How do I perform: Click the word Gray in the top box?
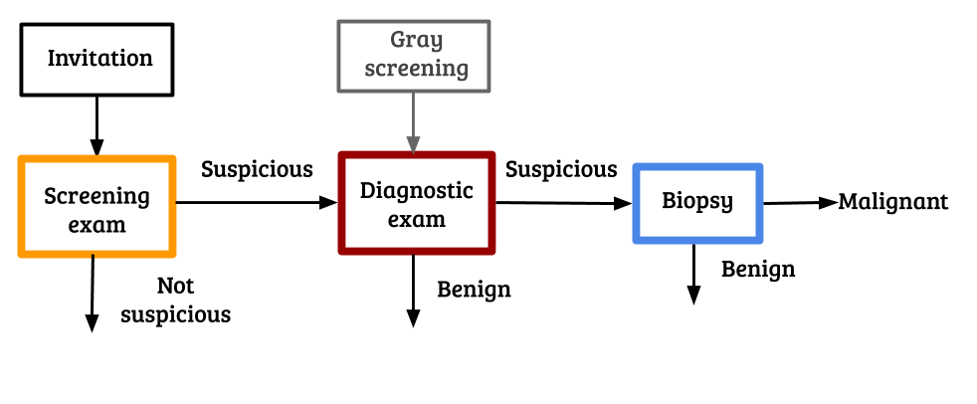[416, 41]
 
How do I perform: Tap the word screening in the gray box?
[416, 68]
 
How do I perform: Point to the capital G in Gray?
[398, 40]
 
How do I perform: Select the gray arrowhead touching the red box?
[413, 144]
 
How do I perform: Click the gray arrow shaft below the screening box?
[413, 114]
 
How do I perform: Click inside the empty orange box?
[98, 206]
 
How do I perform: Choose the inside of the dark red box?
[417, 203]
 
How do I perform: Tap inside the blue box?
[698, 203]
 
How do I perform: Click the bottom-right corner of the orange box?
[173, 254]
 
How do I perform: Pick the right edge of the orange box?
[173, 206]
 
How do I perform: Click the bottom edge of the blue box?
[698, 240]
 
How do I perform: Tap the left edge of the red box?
[342, 203]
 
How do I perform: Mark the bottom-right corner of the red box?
[491, 251]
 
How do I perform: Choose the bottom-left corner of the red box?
[342, 251]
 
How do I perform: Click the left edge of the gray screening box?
[339, 56]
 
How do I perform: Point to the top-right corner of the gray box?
[489, 22]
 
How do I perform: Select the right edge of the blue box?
[760, 203]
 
